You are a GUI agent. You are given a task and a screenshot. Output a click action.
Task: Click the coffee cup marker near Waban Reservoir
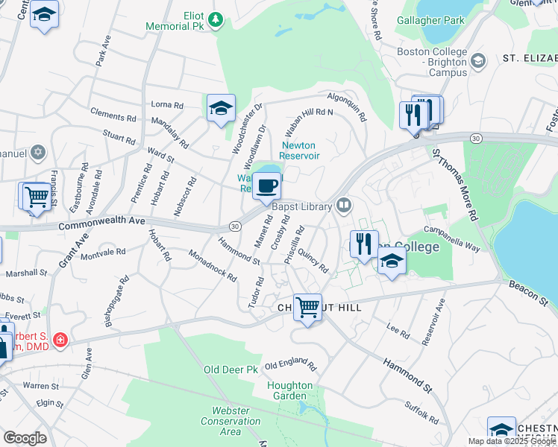(266, 186)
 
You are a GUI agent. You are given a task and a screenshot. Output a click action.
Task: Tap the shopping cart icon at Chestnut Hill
(307, 307)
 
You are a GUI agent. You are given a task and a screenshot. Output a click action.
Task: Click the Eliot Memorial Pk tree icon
(216, 19)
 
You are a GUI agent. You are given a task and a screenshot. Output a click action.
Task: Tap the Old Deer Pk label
(231, 369)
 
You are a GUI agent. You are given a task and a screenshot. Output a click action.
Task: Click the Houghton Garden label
(290, 391)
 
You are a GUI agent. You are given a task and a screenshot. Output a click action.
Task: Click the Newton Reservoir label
(300, 150)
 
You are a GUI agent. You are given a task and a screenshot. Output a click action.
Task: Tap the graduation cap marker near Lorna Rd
(221, 109)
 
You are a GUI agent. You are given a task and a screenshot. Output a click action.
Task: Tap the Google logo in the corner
(25, 438)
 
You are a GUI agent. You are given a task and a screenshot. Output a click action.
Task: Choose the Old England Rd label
(290, 366)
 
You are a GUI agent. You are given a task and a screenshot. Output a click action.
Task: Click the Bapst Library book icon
(344, 203)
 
